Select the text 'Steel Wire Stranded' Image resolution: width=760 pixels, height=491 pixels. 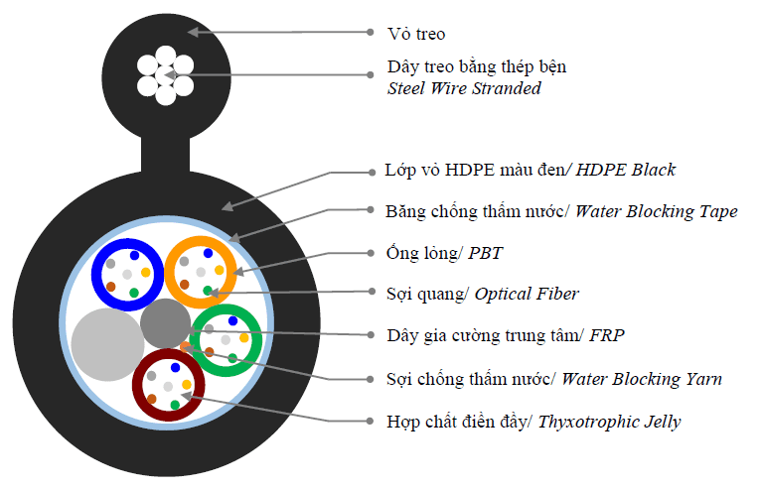(x=464, y=89)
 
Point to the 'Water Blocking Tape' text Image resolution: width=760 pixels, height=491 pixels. (x=657, y=211)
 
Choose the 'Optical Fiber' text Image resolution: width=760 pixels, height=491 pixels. (x=527, y=294)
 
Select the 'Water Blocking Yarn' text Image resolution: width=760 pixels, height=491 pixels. (x=642, y=379)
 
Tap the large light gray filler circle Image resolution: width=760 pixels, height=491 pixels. (x=107, y=343)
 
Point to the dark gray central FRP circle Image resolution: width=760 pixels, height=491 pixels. (x=165, y=323)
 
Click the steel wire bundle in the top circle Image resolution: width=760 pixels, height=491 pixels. (x=165, y=74)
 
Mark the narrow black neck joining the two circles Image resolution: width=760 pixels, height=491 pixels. (x=165, y=152)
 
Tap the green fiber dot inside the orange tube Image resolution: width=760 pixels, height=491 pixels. (x=208, y=291)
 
